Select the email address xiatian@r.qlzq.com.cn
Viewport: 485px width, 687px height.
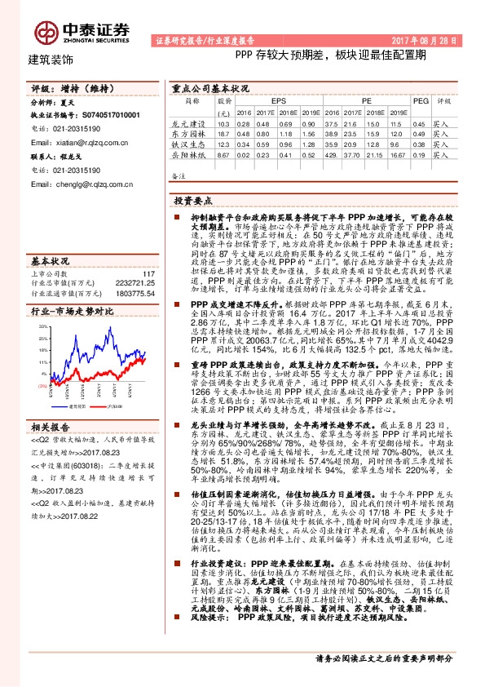point(78,142)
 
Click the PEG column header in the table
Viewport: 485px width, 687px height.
point(419,100)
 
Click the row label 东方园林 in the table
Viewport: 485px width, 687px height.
point(192,133)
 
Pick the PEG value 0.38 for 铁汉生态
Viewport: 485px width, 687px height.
point(419,144)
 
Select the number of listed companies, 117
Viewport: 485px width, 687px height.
point(148,250)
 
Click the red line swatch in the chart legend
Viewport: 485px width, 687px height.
point(101,405)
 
